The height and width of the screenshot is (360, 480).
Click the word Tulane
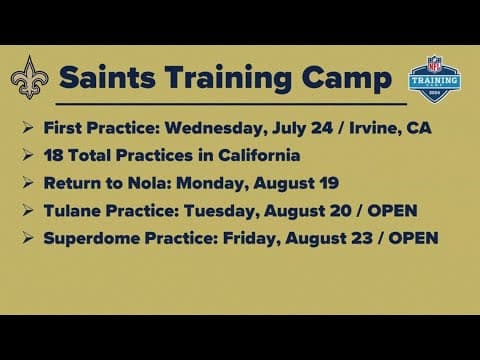(x=74, y=211)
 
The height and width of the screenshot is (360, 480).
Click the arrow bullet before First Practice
(x=27, y=128)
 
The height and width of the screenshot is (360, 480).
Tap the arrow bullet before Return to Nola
(x=27, y=183)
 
